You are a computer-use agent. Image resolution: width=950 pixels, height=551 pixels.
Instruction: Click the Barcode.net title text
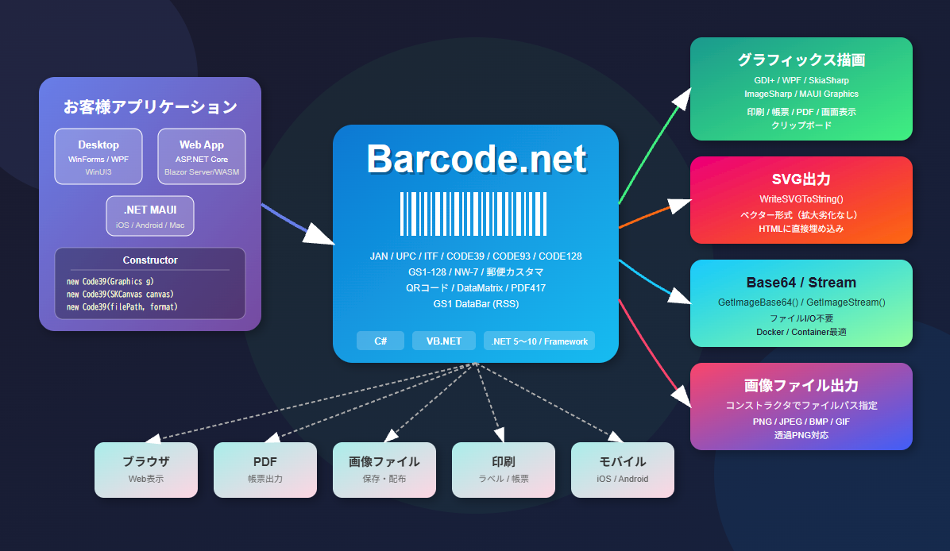click(x=476, y=160)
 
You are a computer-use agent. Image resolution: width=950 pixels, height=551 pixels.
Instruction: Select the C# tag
click(x=380, y=341)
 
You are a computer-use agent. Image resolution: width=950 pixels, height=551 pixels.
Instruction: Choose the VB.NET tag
click(x=443, y=341)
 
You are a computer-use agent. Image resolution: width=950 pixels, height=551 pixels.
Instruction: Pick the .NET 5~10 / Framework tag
click(x=539, y=341)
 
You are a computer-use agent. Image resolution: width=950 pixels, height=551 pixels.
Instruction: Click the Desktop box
click(x=98, y=156)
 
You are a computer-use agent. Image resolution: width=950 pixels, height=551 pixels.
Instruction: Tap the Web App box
click(x=202, y=156)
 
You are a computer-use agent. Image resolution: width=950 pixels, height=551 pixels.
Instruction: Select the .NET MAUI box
click(x=150, y=216)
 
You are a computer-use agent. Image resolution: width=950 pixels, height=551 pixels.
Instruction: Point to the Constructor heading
click(x=150, y=260)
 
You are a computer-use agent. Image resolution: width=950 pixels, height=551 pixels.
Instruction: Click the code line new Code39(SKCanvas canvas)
click(x=120, y=294)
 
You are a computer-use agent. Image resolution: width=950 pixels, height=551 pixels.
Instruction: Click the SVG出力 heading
click(x=801, y=179)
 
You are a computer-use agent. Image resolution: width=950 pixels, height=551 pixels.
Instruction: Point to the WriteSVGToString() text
click(x=801, y=198)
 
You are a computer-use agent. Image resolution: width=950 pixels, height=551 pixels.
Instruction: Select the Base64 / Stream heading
click(x=801, y=283)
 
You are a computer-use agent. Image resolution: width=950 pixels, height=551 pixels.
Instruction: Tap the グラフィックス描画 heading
click(x=801, y=60)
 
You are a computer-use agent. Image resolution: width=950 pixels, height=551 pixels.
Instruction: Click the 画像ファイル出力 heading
click(x=801, y=386)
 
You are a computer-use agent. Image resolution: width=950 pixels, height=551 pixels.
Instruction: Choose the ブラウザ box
click(x=146, y=470)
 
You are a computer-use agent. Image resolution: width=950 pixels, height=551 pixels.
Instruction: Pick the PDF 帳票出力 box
click(x=265, y=470)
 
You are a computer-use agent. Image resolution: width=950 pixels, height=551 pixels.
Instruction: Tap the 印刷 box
click(x=504, y=470)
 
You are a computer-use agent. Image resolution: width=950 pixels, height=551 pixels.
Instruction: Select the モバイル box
click(x=623, y=470)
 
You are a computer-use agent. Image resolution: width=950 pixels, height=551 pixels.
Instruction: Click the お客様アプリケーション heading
click(x=150, y=106)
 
